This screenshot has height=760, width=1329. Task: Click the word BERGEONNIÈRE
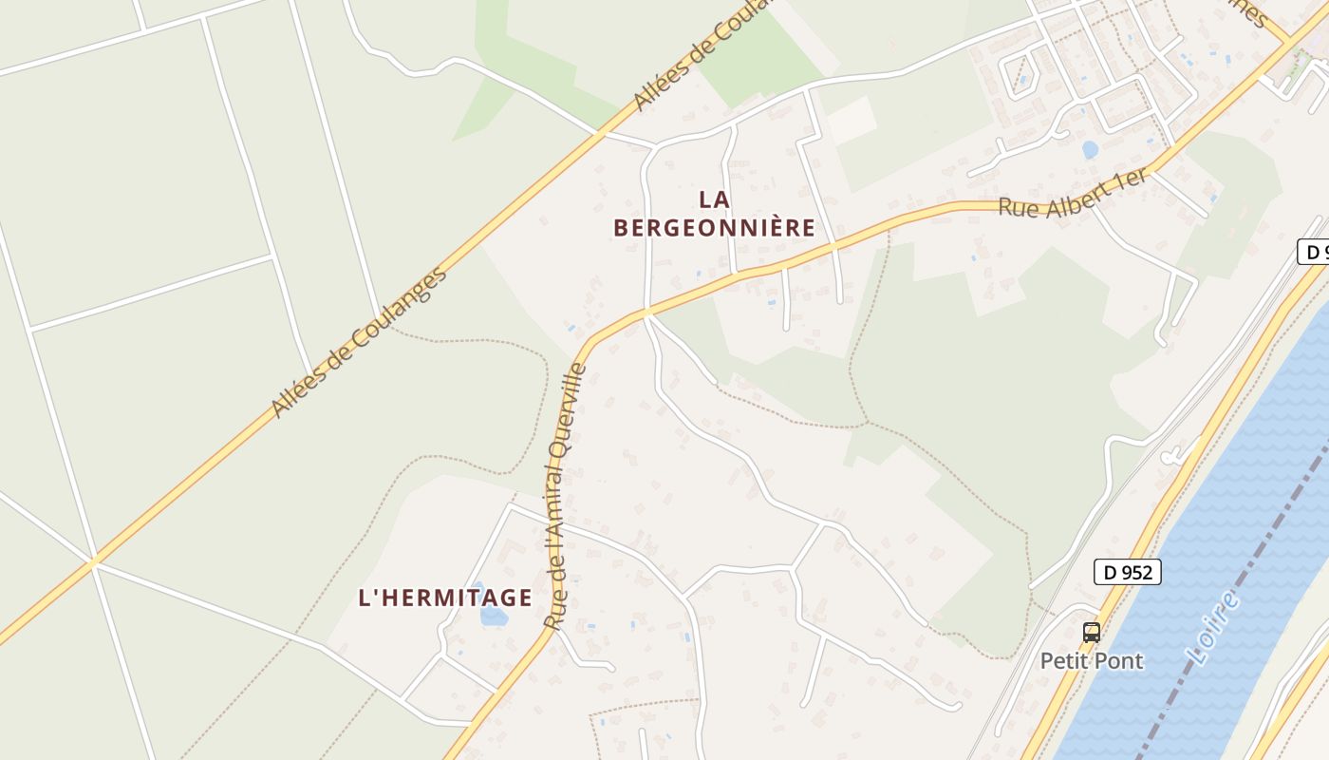click(x=714, y=228)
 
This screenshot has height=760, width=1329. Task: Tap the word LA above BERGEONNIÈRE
click(x=714, y=199)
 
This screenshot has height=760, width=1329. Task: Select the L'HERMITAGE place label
click(x=444, y=598)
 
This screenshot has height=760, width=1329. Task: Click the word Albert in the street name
click(x=1079, y=198)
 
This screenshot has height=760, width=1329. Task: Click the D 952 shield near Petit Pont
click(x=1128, y=572)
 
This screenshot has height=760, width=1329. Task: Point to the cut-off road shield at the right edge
click(x=1313, y=252)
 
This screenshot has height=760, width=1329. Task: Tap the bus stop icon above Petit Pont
click(x=1092, y=632)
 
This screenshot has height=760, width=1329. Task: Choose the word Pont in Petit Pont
click(x=1120, y=660)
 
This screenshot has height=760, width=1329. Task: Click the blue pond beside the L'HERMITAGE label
click(x=493, y=616)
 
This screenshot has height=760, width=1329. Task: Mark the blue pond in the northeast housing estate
click(x=1090, y=149)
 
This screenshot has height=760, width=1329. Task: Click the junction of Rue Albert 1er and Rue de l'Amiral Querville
click(x=646, y=312)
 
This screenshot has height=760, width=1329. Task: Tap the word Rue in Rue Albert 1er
click(x=1018, y=207)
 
